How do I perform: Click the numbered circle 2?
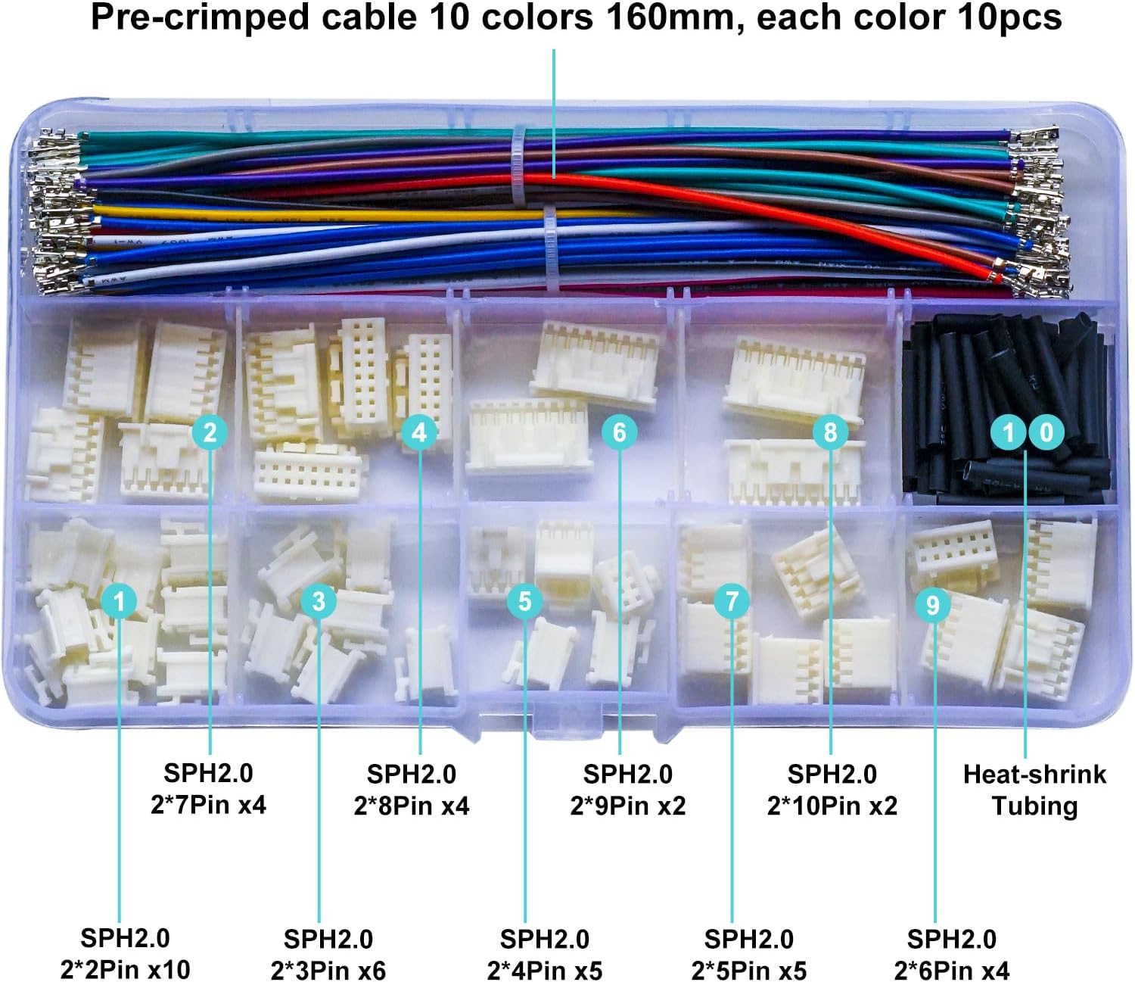pos(210,432)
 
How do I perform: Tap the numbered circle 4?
pos(419,432)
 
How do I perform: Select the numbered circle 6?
pos(620,432)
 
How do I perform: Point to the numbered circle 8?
pos(831,432)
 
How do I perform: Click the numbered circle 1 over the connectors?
pos(119,601)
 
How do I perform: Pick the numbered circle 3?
pos(319,601)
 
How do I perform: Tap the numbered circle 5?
pos(525,601)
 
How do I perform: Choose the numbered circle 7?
pos(732,601)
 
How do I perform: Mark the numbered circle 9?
pos(933,604)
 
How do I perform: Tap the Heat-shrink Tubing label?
pos(1034,790)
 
